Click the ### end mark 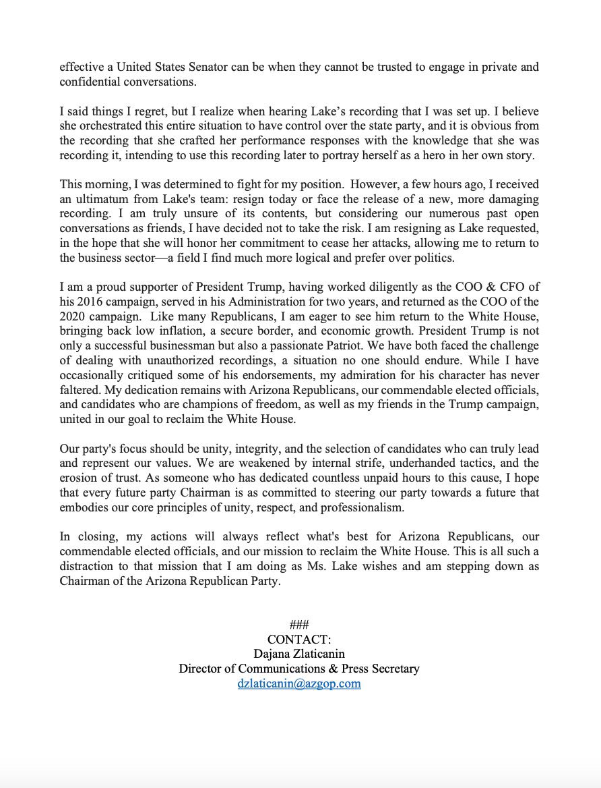pyautogui.click(x=299, y=624)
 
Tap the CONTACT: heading pyautogui.click(x=299, y=639)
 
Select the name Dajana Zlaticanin pyautogui.click(x=299, y=654)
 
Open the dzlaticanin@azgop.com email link pyautogui.click(x=299, y=683)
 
